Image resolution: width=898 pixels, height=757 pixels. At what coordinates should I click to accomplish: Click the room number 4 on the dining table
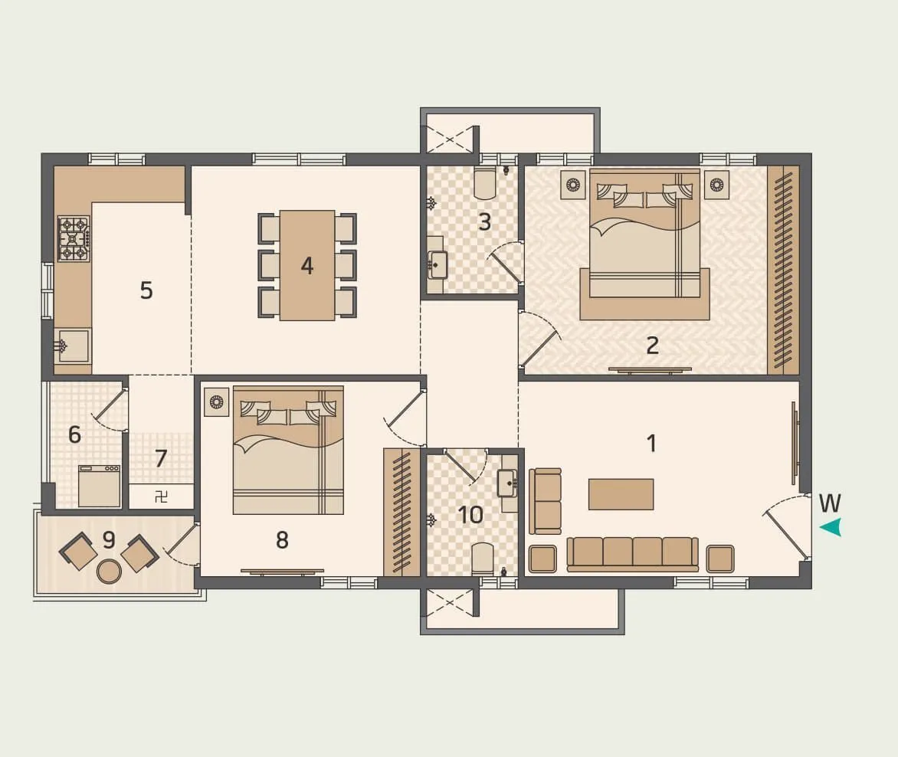[307, 266]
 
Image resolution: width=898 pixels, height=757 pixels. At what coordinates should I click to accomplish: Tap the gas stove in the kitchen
[74, 238]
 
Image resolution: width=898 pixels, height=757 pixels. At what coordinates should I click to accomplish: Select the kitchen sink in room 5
[74, 346]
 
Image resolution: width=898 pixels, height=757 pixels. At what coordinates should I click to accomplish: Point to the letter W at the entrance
[830, 503]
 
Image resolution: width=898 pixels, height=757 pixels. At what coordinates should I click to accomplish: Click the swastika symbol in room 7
[161, 496]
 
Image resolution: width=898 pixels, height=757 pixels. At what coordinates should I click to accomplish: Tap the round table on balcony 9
[110, 570]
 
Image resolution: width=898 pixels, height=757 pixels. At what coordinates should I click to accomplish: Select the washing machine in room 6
[100, 486]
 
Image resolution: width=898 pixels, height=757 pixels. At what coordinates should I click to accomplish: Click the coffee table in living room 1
[621, 494]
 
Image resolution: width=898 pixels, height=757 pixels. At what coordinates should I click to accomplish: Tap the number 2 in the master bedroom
[652, 346]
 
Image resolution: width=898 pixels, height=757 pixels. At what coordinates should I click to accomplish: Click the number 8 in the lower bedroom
[282, 540]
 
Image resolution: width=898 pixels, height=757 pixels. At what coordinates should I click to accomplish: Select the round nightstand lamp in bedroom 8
[217, 401]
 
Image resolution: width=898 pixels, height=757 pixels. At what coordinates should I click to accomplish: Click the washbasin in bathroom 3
[438, 265]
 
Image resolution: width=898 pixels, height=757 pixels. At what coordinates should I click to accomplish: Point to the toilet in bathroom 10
[483, 559]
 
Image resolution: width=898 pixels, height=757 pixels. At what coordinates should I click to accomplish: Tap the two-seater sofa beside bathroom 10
[546, 500]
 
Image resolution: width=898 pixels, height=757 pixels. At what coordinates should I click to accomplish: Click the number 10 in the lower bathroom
[470, 515]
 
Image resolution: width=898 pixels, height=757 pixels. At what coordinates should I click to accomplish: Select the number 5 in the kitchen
[146, 290]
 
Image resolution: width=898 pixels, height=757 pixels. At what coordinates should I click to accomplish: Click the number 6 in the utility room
[74, 434]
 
